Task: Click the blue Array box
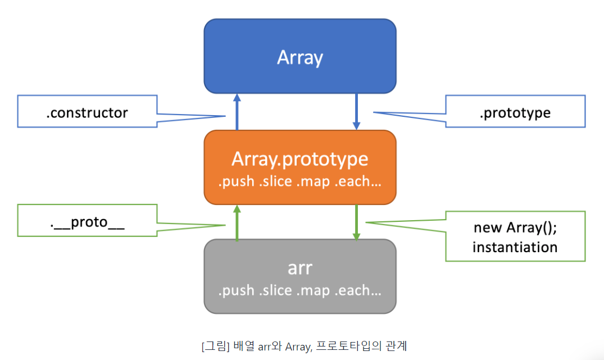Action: coord(299,56)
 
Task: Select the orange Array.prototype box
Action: coord(299,167)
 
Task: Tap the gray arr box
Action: coord(299,276)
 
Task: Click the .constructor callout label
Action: coord(87,113)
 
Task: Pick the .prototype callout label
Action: coord(515,113)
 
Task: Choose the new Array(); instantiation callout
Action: coord(515,236)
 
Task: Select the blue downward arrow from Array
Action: coord(356,111)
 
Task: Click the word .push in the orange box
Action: coord(236,182)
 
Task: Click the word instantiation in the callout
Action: coord(515,247)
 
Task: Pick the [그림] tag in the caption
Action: coord(214,345)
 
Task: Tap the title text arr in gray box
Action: coord(299,268)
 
